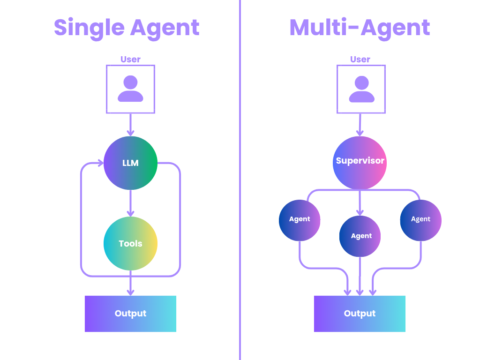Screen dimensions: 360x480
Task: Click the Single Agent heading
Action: point(127,28)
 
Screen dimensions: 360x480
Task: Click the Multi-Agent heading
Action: point(360,28)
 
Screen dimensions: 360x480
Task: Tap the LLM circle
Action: point(130,163)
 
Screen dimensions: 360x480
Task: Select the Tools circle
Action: point(130,243)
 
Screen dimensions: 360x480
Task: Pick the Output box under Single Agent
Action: point(130,314)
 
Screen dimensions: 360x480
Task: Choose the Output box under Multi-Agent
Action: point(360,314)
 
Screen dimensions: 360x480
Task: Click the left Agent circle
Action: point(300,219)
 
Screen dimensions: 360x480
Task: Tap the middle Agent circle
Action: point(360,236)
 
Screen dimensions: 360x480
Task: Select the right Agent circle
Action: point(420,219)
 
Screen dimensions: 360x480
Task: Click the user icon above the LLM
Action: point(130,89)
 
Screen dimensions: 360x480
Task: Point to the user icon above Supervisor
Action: point(361,89)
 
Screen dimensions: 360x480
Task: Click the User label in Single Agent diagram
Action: point(130,60)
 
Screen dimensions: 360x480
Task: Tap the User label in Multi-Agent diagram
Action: point(360,60)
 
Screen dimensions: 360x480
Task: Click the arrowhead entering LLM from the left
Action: point(100,164)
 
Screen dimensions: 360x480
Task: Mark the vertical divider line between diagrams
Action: point(240,187)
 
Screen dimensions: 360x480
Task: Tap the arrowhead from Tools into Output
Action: point(130,292)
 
